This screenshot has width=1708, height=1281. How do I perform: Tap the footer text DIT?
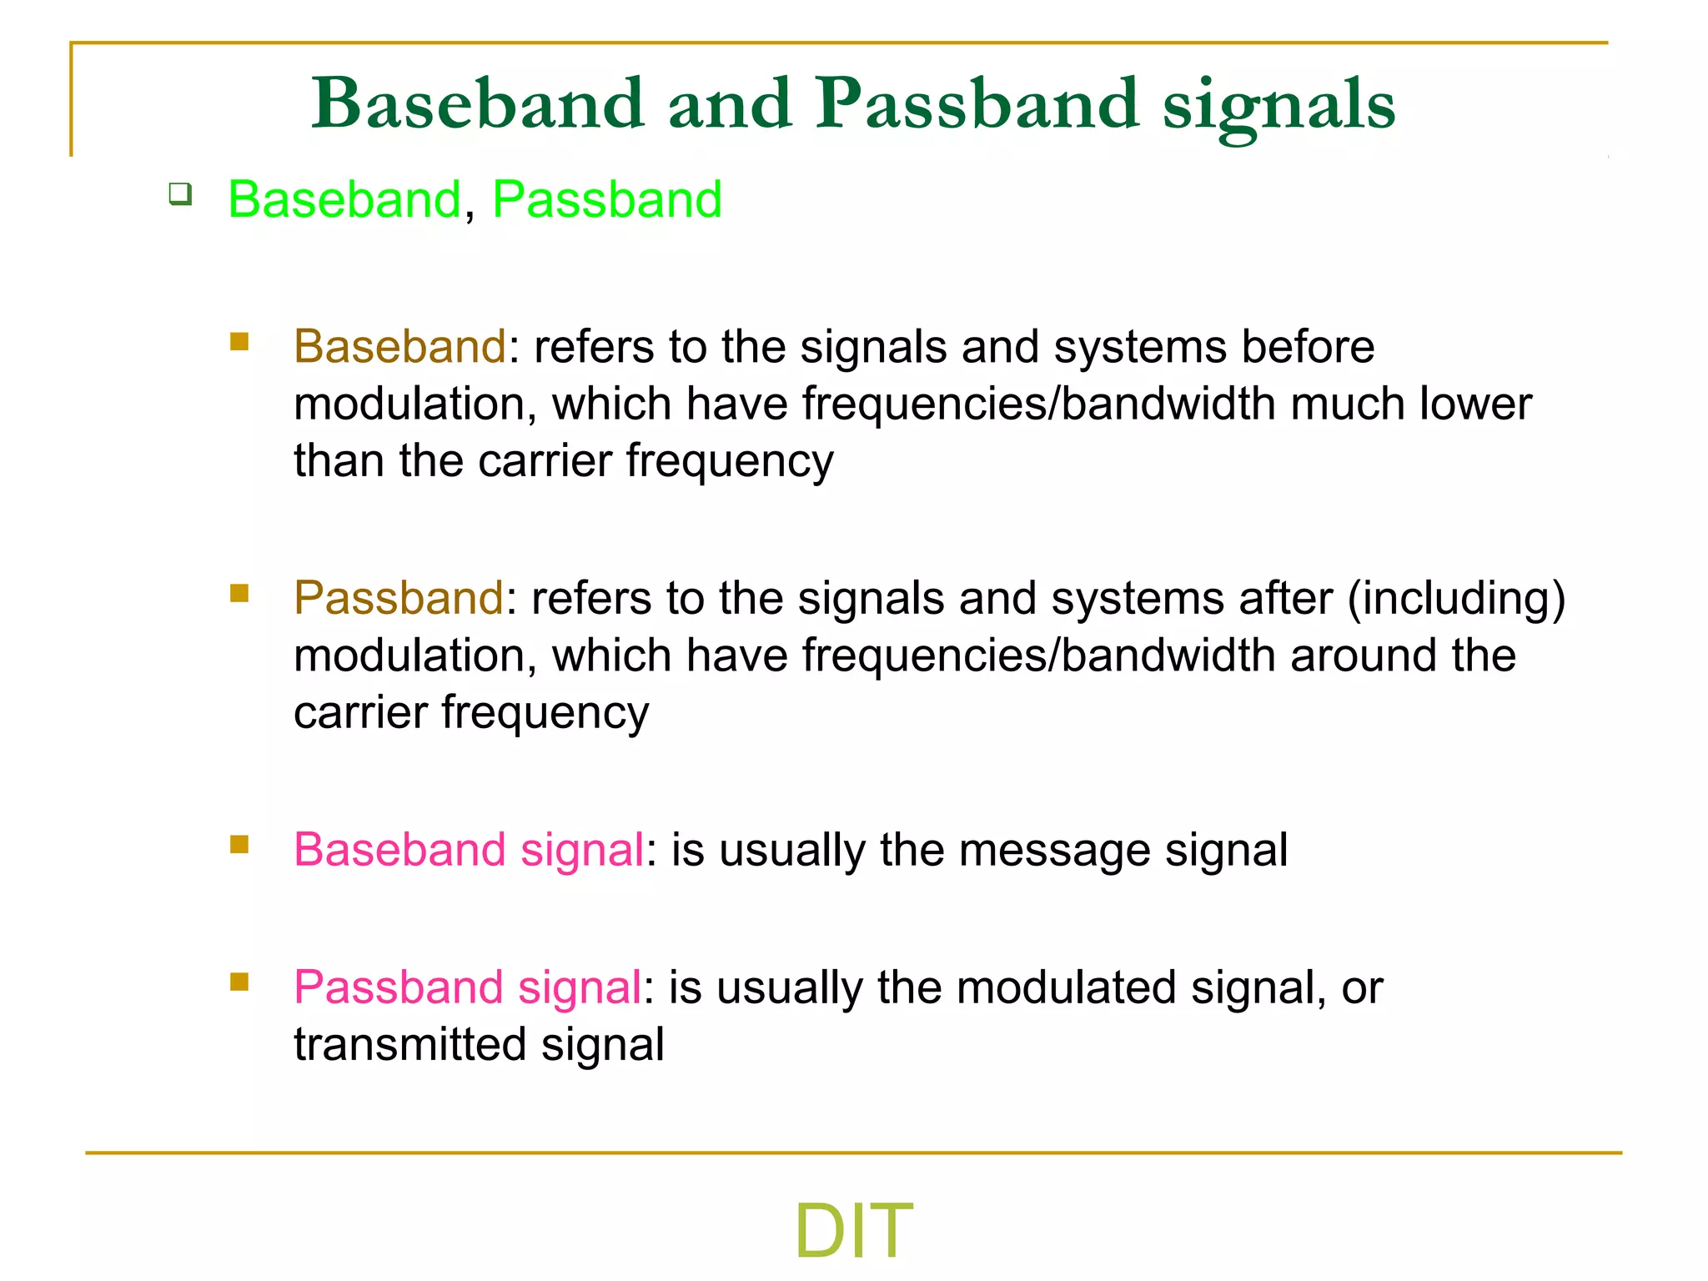click(x=853, y=1230)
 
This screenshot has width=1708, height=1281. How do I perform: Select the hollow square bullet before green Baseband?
click(x=180, y=195)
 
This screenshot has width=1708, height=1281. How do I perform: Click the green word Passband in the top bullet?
click(x=606, y=200)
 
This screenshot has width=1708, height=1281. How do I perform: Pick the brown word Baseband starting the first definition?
click(x=399, y=347)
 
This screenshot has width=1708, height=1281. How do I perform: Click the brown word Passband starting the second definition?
click(x=399, y=599)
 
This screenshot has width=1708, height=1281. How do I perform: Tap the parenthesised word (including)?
click(x=1456, y=599)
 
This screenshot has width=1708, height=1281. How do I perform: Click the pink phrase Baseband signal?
click(x=469, y=851)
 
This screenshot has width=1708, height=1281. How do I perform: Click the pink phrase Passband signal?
click(x=467, y=988)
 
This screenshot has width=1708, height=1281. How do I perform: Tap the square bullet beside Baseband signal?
click(x=239, y=845)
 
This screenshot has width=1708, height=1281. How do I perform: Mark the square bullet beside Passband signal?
click(x=239, y=982)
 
